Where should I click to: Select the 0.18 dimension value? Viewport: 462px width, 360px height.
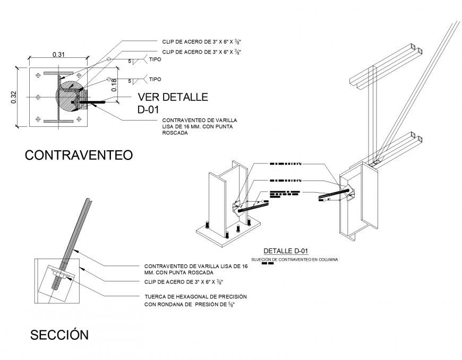[113, 85]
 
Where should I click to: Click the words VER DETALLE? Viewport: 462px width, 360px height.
[172, 97]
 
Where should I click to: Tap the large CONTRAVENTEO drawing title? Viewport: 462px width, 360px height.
[79, 155]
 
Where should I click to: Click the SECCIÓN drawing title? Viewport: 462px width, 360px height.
[59, 335]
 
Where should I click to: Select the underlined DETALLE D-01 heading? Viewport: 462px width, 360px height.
[286, 251]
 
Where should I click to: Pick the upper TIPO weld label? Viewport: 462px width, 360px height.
[155, 60]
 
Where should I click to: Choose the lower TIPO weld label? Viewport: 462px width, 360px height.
[155, 79]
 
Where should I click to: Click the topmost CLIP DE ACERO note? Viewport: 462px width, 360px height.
[205, 41]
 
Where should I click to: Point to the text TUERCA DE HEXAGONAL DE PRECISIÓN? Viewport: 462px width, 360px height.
[195, 296]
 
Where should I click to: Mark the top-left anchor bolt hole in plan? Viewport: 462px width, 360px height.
[36, 76]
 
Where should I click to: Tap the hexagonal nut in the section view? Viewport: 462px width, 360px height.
[60, 276]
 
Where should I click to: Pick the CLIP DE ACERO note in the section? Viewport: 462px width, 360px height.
[184, 282]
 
